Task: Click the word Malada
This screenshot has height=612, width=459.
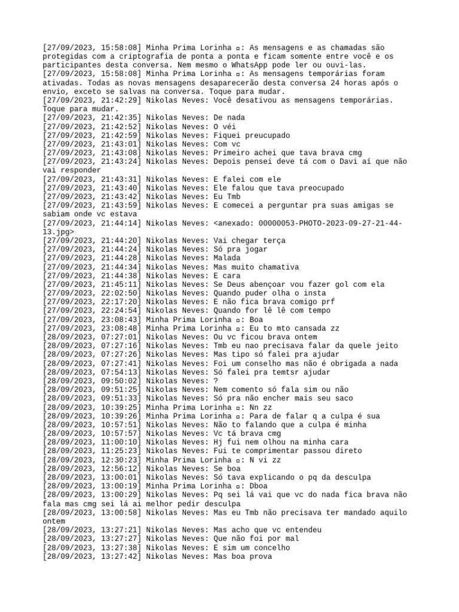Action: tap(227, 258)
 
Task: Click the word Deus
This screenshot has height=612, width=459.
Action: tap(237, 284)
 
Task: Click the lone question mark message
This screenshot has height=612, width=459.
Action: tap(215, 381)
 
